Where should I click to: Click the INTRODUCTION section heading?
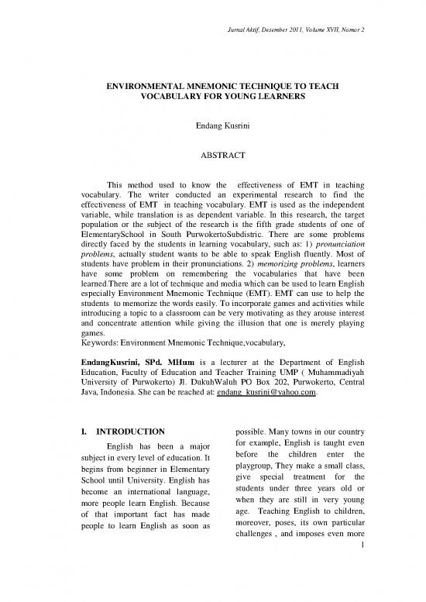click(x=124, y=431)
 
